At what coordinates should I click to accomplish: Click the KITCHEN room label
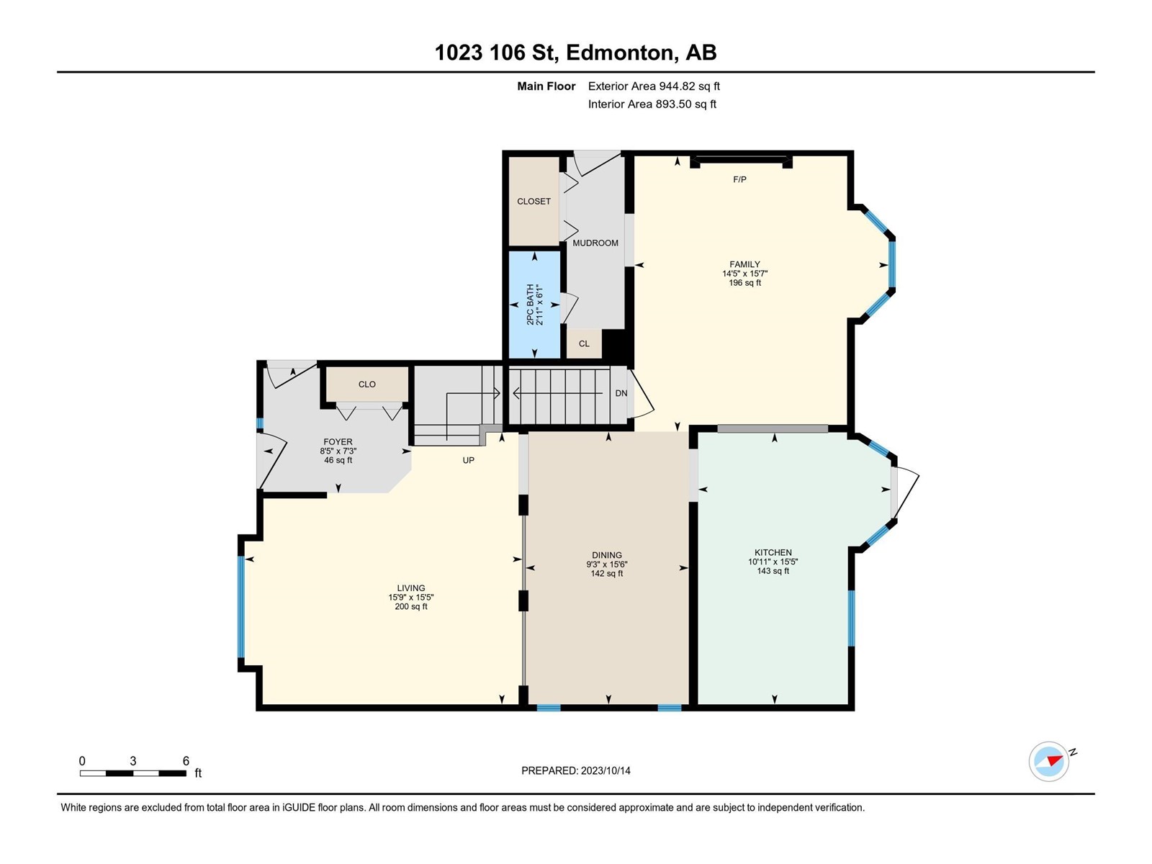click(x=773, y=552)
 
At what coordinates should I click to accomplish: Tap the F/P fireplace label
click(x=739, y=179)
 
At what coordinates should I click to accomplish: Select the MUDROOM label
click(x=595, y=243)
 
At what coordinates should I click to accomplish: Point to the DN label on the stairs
click(x=621, y=393)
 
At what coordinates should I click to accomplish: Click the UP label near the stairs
click(x=468, y=460)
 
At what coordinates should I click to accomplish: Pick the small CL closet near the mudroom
click(x=584, y=343)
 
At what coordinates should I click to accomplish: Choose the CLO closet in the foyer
click(x=367, y=384)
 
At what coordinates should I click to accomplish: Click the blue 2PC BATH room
click(x=534, y=305)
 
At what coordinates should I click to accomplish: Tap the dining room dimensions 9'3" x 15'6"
click(x=607, y=564)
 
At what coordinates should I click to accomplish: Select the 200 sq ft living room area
click(x=411, y=606)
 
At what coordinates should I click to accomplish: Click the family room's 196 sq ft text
click(x=744, y=283)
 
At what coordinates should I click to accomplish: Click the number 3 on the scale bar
click(x=132, y=760)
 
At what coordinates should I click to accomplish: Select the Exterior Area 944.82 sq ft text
click(x=654, y=86)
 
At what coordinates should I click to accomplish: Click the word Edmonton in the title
click(x=618, y=53)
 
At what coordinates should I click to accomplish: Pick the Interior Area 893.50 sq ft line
click(x=652, y=104)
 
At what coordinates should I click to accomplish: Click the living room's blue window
click(x=241, y=606)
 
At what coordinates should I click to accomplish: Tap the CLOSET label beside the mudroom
click(x=534, y=202)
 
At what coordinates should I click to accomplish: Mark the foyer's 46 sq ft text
click(x=338, y=460)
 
